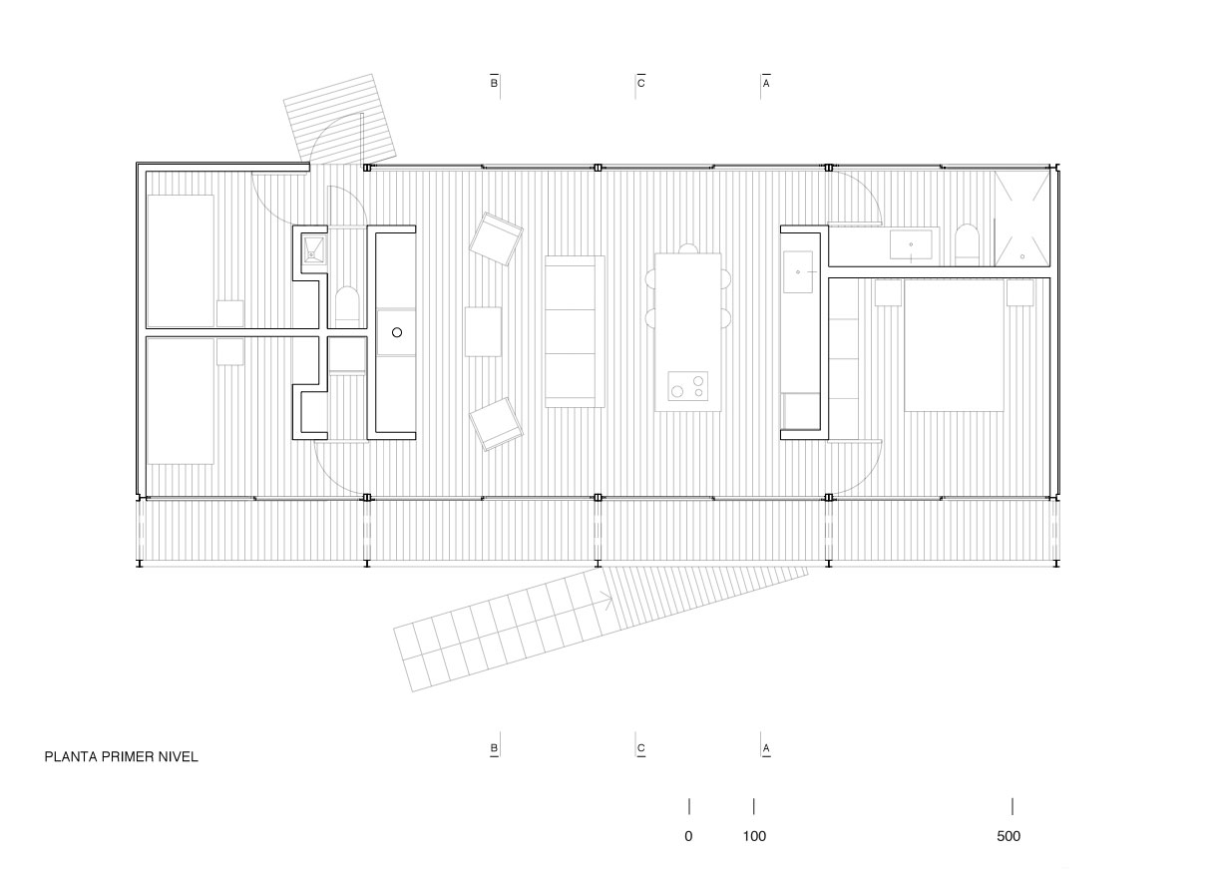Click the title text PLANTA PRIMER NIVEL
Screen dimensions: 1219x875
coord(122,757)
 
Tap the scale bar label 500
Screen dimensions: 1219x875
coord(1009,836)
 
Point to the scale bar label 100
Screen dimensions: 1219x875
coord(754,836)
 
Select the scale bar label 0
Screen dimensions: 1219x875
coord(688,836)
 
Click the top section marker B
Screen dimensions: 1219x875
coord(494,83)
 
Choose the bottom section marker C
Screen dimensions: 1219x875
coord(640,748)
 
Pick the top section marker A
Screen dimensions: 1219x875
coord(766,83)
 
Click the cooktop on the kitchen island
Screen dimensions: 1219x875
coord(688,386)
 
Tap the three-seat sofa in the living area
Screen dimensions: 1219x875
coord(575,331)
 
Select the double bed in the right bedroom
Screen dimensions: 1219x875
coord(954,345)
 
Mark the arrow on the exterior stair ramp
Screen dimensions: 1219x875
coord(607,600)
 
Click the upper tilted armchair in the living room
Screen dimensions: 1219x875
coord(496,238)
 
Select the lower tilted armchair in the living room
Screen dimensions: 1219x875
coord(496,424)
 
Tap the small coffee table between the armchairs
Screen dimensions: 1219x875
coord(483,332)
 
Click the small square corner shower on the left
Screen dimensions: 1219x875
coord(314,249)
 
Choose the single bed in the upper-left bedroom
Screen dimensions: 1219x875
coord(181,261)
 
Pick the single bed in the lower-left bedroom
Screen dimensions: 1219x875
coord(181,400)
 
